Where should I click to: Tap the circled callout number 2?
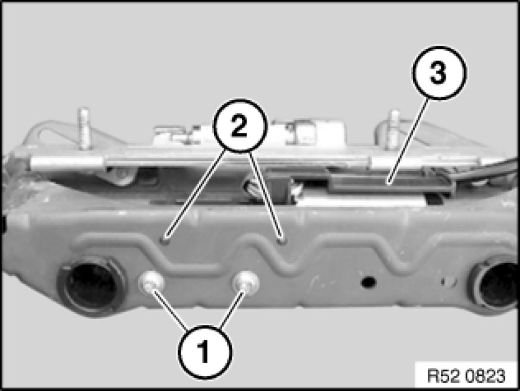coord(239,125)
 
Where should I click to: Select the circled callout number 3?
coord(439,73)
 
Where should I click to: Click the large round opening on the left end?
coord(91,285)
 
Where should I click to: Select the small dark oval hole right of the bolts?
coord(368,282)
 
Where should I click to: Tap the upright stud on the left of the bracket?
coord(84,129)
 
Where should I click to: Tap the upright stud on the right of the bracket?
coord(394,129)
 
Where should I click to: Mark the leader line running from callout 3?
coord(406,141)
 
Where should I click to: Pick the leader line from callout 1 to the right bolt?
coord(232,310)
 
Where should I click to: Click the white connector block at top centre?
coord(249,134)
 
